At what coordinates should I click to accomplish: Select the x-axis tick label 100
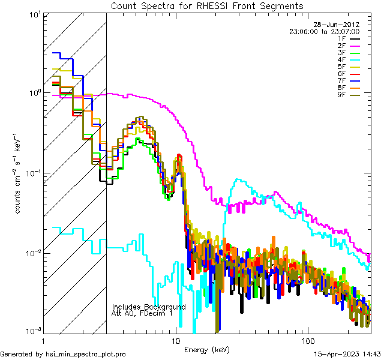[308, 340]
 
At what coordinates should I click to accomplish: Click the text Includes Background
[149, 307]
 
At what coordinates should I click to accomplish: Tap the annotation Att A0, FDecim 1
[142, 313]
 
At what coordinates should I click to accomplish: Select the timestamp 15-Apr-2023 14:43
[347, 354]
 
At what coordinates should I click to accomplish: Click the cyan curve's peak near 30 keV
[239, 179]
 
